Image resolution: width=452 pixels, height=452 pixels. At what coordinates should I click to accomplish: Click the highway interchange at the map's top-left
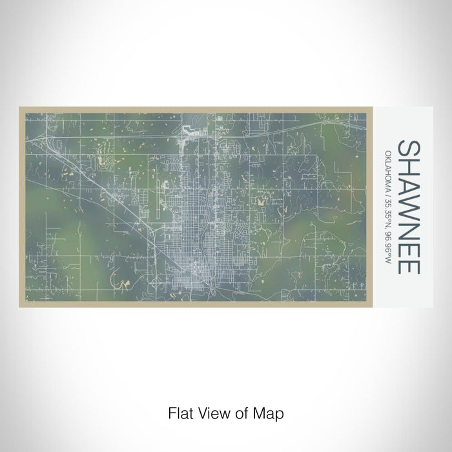click(x=49, y=138)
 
